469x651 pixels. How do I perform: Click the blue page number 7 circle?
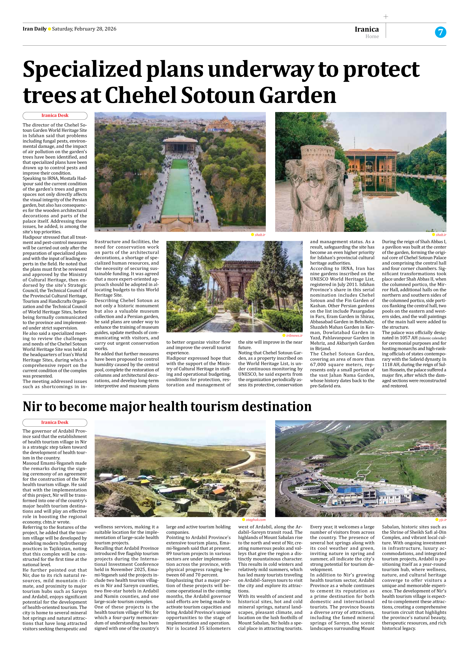[x=440, y=32]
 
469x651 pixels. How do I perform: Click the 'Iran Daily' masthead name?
[x=34, y=29]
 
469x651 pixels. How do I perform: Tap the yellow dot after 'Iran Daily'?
[x=49, y=29]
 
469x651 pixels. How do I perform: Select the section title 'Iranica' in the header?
[x=367, y=29]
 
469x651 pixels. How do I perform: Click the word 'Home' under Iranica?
[x=372, y=36]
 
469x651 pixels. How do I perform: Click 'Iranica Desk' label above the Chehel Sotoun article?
[x=55, y=116]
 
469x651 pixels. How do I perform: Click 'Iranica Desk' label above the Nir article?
[x=55, y=423]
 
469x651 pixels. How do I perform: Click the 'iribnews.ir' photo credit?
[x=294, y=335]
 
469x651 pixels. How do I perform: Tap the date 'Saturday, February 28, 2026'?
[x=84, y=29]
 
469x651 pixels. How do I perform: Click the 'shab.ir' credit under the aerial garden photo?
[x=260, y=235]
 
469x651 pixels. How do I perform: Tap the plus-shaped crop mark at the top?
[x=386, y=17]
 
